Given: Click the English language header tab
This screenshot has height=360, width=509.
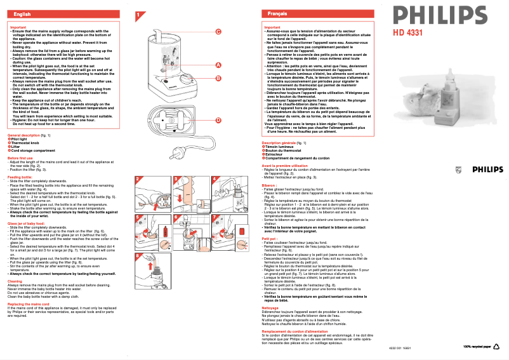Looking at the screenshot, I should point(22,13).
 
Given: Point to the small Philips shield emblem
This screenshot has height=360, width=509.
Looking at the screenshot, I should point(459,169).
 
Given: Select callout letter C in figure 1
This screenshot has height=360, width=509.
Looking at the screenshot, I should point(218,32).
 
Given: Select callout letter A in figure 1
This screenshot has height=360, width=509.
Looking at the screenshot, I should point(218,65).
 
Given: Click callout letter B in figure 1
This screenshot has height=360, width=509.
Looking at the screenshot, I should point(218,79).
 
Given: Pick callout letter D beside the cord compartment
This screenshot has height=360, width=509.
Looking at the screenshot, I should point(218,120).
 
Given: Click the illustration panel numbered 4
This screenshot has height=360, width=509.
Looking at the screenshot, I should point(228,194).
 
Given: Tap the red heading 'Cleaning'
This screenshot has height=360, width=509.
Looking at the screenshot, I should point(15,281).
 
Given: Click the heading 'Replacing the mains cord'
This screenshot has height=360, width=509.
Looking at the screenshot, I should point(28,304).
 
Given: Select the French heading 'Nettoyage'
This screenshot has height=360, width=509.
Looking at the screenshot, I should point(270,307).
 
